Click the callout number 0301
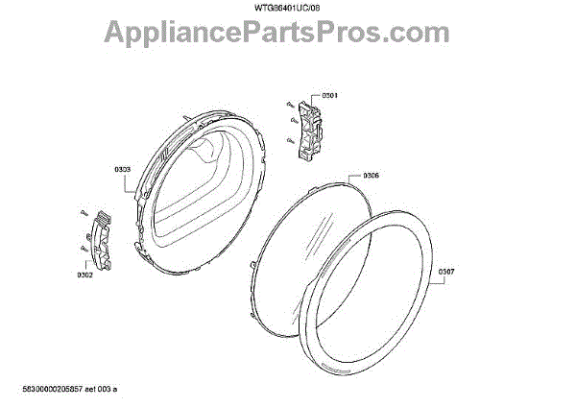(329, 96)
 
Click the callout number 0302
(84, 276)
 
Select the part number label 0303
(123, 171)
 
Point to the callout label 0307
(447, 272)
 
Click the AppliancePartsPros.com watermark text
(288, 33)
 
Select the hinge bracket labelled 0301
(309, 129)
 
